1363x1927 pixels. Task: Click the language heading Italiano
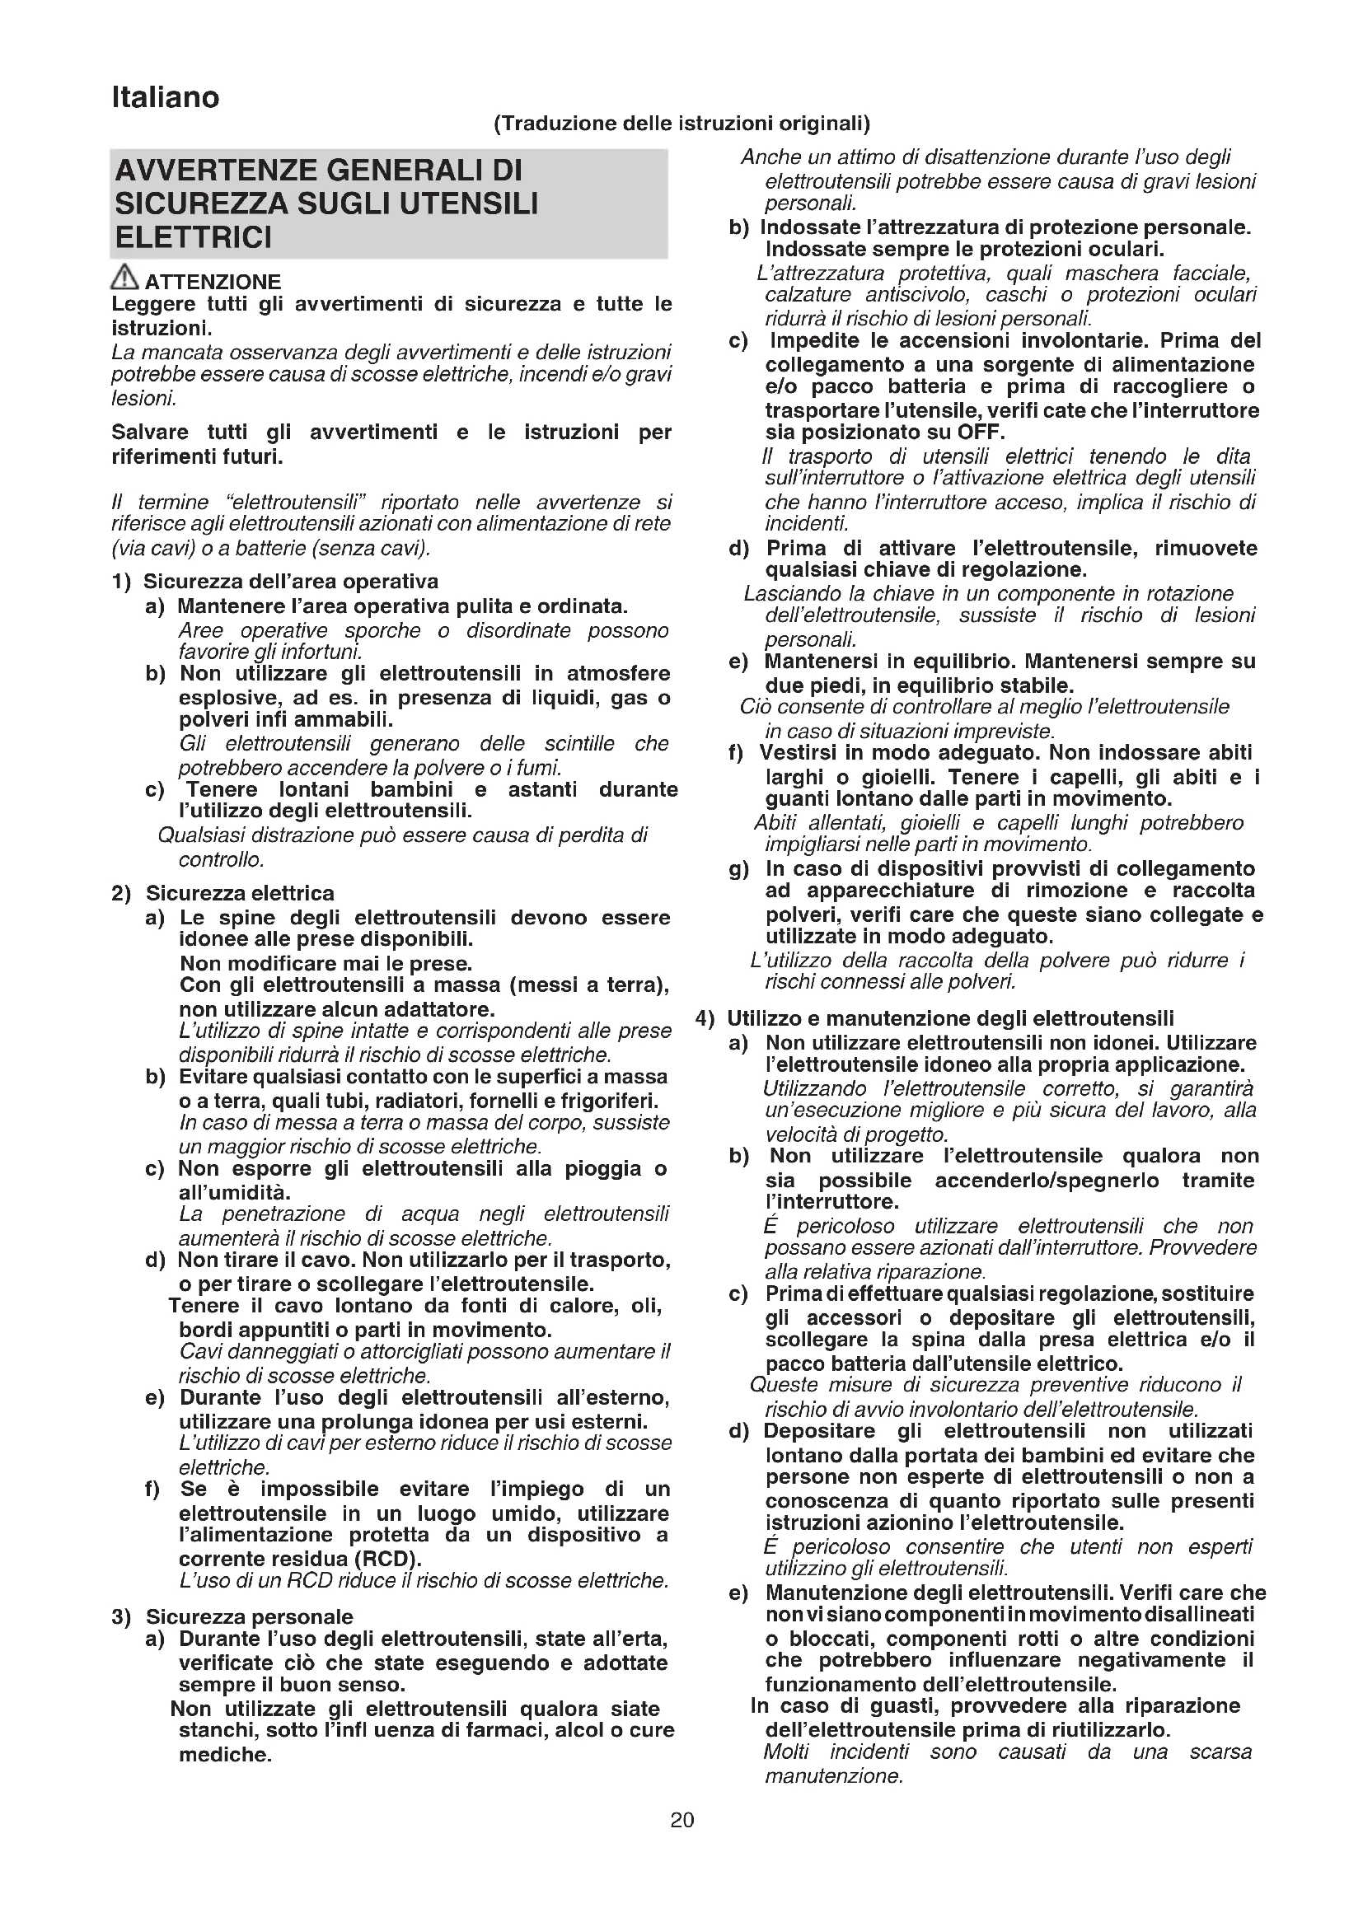[166, 98]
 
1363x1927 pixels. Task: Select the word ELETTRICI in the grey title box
[193, 238]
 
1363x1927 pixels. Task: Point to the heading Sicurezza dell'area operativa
[290, 582]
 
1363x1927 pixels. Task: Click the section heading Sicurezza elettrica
[240, 893]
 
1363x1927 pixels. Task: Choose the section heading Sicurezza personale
[249, 1616]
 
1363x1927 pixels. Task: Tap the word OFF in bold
[981, 433]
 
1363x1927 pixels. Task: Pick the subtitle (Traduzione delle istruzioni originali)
[681, 124]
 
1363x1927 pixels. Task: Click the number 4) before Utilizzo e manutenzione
[705, 1019]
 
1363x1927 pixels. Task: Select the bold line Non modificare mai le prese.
[326, 964]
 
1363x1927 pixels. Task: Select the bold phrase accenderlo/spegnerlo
[1047, 1181]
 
